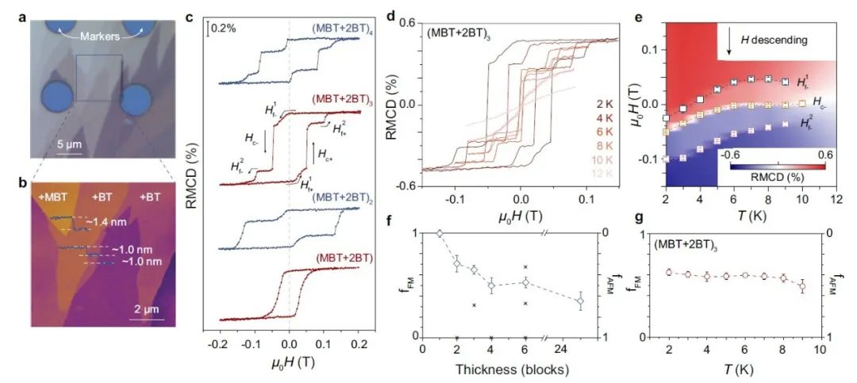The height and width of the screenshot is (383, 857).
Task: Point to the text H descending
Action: (774, 40)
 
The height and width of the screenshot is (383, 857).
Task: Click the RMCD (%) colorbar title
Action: (771, 178)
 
